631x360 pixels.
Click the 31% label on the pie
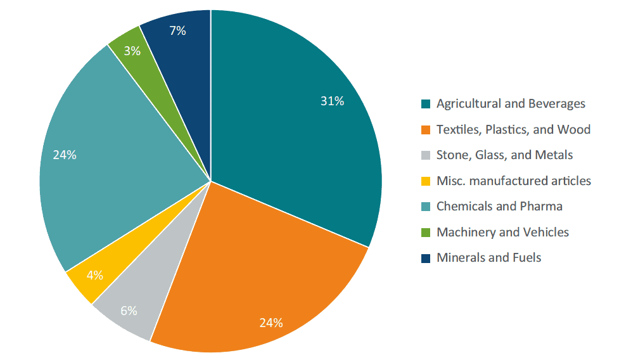(x=332, y=101)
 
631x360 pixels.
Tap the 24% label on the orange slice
(x=271, y=323)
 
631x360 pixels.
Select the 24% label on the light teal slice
(x=65, y=155)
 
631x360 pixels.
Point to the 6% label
(x=129, y=311)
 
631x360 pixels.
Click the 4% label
(x=95, y=275)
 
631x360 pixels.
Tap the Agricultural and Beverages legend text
(x=511, y=103)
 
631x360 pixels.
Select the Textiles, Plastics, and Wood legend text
(x=513, y=129)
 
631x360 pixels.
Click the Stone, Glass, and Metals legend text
(x=504, y=155)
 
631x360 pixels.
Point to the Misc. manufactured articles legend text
(x=513, y=181)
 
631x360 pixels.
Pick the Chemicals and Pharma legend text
(x=499, y=206)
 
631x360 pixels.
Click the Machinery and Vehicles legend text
(x=502, y=232)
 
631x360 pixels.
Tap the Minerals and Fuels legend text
(x=488, y=257)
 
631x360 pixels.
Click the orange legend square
(x=426, y=130)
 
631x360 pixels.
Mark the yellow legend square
(x=426, y=181)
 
